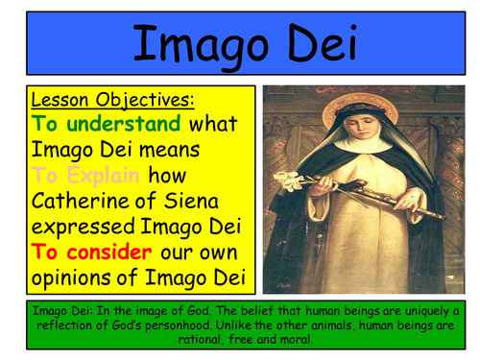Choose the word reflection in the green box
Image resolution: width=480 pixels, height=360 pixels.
pyautogui.click(x=57, y=325)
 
